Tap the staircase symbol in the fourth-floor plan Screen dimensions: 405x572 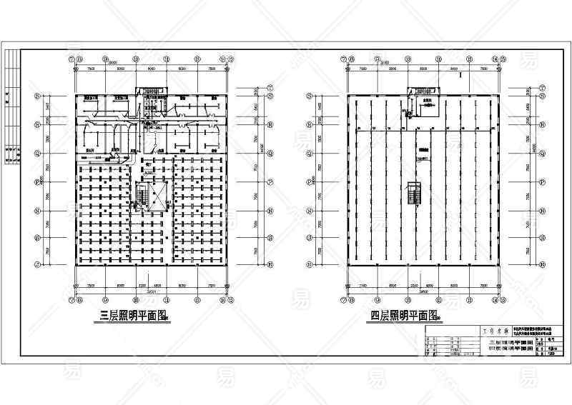(412, 194)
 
